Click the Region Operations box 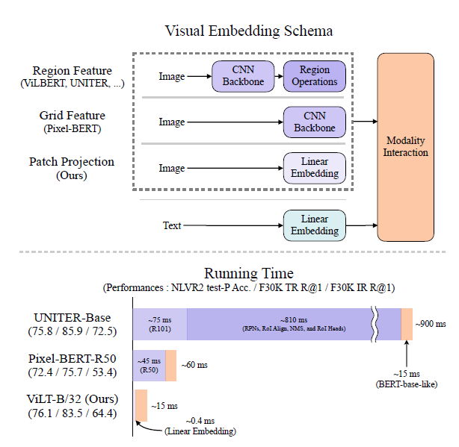(x=315, y=76)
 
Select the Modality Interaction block (x=407, y=146)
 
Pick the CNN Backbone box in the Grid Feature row (x=315, y=122)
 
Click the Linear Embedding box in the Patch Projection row (x=315, y=167)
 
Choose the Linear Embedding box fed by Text (x=315, y=225)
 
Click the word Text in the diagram (x=173, y=225)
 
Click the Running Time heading (x=250, y=273)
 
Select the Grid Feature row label (x=72, y=122)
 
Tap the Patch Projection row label (x=72, y=167)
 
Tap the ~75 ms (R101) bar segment (x=159, y=324)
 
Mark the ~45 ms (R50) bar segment (x=149, y=365)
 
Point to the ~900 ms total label (x=431, y=324)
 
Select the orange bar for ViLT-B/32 (x=141, y=405)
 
